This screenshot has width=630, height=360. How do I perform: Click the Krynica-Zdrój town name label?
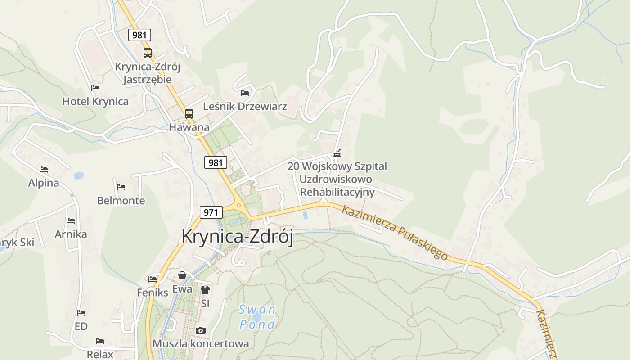237,237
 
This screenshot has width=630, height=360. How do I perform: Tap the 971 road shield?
211,212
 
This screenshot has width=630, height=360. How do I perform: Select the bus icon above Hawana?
189,114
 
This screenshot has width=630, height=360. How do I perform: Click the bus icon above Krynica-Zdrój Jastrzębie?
148,53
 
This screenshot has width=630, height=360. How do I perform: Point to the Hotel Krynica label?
95,101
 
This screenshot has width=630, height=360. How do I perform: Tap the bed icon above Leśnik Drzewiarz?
245,93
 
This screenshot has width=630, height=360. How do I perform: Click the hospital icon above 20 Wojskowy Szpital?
337,154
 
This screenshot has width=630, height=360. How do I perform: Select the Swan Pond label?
257,317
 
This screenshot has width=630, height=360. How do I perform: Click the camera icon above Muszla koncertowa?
201,331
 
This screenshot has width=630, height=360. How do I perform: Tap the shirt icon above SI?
205,290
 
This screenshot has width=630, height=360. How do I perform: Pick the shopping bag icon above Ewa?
182,275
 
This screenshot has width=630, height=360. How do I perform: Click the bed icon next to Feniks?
153,279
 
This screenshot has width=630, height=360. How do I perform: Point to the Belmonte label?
121,201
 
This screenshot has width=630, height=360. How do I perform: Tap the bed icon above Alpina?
44,170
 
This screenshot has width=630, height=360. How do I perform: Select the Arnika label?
71,234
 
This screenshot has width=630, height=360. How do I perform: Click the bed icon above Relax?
100,341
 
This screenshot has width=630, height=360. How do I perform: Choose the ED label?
81,326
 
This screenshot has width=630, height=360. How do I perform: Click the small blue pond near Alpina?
79,175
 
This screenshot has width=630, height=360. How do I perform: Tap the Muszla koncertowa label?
201,344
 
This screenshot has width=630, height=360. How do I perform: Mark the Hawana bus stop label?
189,127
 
